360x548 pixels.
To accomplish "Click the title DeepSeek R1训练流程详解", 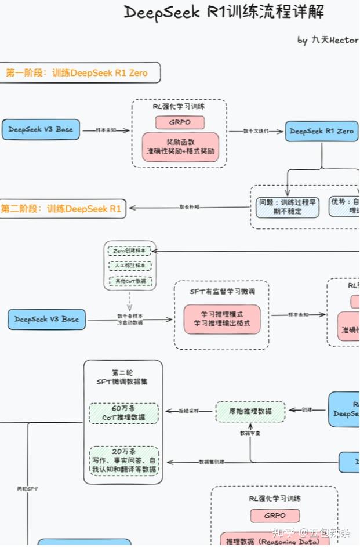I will pyautogui.click(x=224, y=12).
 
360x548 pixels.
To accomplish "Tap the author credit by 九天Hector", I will pyautogui.click(x=328, y=40).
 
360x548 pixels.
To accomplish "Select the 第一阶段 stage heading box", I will pyautogui.click(x=79, y=73).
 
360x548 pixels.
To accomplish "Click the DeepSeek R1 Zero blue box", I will pyautogui.click(x=321, y=131).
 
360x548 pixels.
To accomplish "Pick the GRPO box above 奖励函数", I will pyautogui.click(x=180, y=122).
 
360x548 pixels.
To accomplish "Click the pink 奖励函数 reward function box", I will pyautogui.click(x=180, y=147).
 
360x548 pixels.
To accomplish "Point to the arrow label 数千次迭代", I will pyautogui.click(x=255, y=132).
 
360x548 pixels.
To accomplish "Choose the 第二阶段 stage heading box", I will pyautogui.click(x=63, y=209).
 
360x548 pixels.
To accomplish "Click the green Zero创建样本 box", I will pyautogui.click(x=129, y=251).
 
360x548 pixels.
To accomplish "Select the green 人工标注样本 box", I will pyautogui.click(x=129, y=266).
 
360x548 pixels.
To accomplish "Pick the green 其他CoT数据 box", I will pyautogui.click(x=129, y=282).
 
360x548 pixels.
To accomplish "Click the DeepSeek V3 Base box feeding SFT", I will pyautogui.click(x=46, y=320).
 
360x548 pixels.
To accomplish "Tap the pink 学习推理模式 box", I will pyautogui.click(x=222, y=319).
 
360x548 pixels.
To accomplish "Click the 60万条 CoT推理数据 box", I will pyautogui.click(x=123, y=413).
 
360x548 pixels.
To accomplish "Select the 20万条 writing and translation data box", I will pyautogui.click(x=123, y=460).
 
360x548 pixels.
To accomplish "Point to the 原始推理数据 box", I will pyautogui.click(x=250, y=411).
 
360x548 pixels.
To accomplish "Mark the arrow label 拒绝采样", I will pyautogui.click(x=188, y=411).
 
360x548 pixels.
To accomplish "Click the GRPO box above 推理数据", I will pyautogui.click(x=275, y=516).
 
